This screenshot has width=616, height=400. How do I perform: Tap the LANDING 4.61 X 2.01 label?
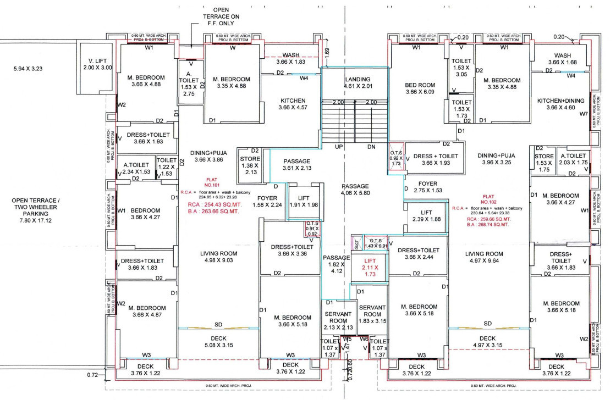click(x=358, y=82)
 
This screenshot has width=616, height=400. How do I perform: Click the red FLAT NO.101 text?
click(x=212, y=182)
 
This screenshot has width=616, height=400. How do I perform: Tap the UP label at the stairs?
click(x=339, y=147)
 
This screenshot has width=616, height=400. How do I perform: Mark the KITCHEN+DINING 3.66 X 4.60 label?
click(x=560, y=104)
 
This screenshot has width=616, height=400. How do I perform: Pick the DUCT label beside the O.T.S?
click(x=357, y=241)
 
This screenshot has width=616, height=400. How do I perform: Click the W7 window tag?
click(x=584, y=114)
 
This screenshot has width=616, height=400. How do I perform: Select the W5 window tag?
click(x=347, y=339)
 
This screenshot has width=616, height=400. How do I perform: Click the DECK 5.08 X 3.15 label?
click(x=218, y=342)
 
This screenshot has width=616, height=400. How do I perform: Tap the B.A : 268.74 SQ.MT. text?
click(x=488, y=225)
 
